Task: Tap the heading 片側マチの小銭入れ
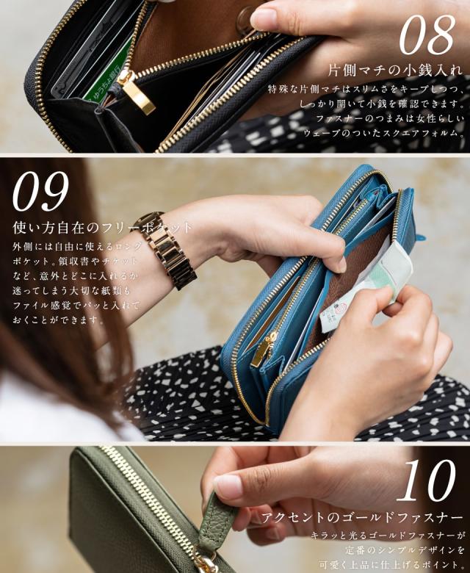395,71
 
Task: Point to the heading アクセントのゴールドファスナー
364,518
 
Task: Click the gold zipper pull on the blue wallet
263,351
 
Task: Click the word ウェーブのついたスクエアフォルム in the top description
384,132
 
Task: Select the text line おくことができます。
59,320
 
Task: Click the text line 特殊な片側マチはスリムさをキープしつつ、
366,89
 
